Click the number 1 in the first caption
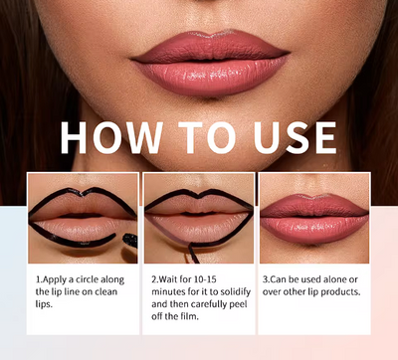click(x=39, y=281)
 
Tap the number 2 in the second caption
click(x=154, y=281)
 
